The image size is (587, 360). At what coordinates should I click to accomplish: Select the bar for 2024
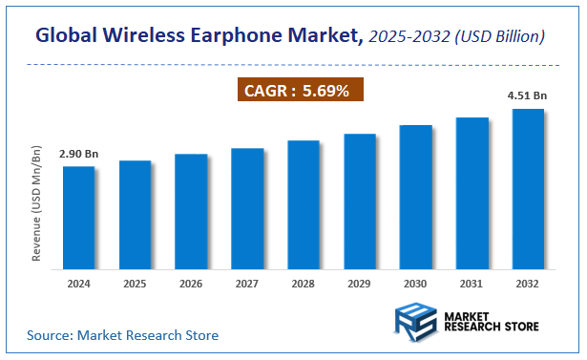(x=79, y=217)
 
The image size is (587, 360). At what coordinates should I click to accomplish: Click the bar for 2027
(x=247, y=207)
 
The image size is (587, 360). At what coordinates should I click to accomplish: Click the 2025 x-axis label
(x=136, y=284)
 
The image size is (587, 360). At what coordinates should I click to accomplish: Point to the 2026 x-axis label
(x=191, y=284)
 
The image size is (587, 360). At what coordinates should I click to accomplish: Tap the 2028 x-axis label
(x=304, y=284)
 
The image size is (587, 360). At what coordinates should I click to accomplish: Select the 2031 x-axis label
(x=472, y=284)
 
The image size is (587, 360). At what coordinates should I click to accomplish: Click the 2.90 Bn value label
(x=79, y=154)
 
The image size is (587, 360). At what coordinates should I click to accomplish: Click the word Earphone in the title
(x=251, y=36)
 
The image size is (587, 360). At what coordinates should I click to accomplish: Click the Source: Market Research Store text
(x=122, y=335)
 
